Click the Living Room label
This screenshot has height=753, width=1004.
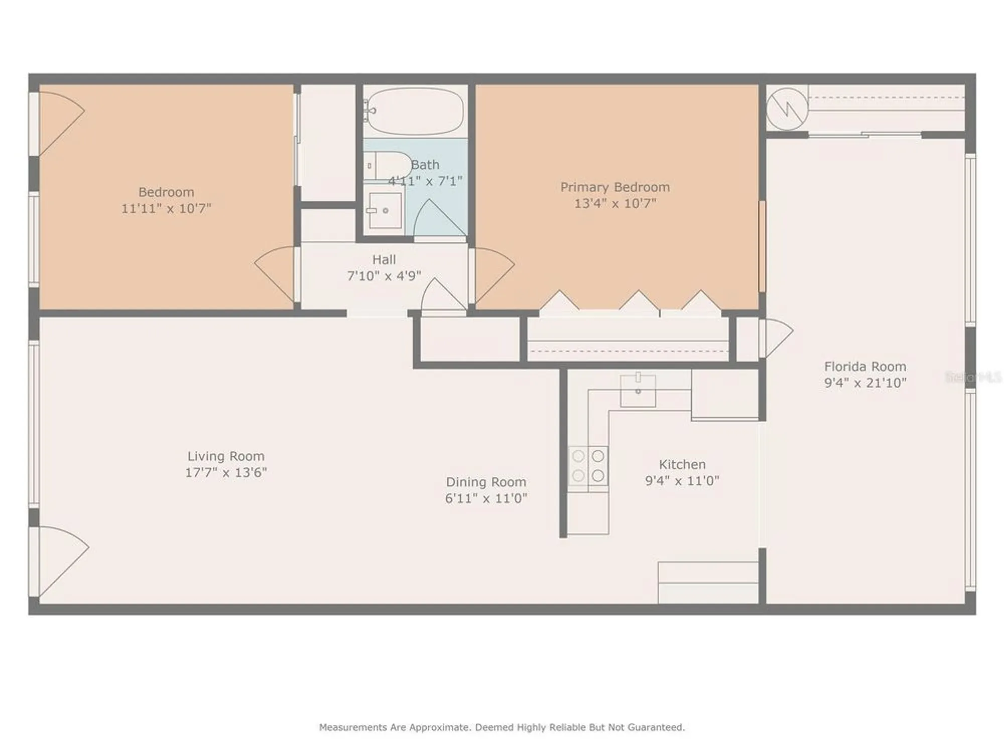[226, 456]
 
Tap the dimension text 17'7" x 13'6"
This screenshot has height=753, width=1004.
[226, 472]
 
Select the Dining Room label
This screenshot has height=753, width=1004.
[486, 482]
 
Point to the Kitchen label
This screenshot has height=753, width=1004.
[682, 464]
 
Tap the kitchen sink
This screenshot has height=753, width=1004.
[638, 391]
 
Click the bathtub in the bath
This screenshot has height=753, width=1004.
[415, 111]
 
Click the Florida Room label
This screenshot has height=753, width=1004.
[865, 366]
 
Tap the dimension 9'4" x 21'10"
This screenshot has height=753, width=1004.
[865, 383]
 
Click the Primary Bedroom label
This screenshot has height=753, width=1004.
[615, 187]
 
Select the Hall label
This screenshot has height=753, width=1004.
[384, 260]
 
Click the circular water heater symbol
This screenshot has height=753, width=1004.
[787, 108]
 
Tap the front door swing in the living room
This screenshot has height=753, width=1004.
[60, 557]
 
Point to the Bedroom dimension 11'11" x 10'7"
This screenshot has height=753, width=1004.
[166, 208]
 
